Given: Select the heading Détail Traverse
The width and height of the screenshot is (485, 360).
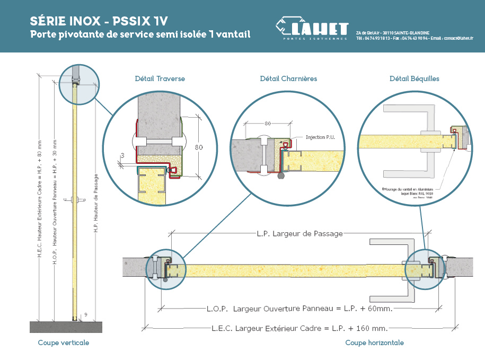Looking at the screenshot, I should point(160,78).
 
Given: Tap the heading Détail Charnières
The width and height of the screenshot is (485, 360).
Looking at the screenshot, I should point(288,78).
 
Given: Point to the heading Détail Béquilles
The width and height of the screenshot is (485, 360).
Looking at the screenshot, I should point(414,78).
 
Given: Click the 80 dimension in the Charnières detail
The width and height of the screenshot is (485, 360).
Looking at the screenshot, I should point(268,124).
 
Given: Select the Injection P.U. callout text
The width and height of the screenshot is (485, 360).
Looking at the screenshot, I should point(320,137).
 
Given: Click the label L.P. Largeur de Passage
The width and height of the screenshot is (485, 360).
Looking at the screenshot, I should point(299,233).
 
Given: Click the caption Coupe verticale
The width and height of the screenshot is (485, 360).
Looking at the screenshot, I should point(64,343).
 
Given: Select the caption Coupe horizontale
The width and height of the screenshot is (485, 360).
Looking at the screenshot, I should point(374,343).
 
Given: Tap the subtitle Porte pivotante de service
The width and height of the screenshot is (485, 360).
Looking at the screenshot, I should point(140,35).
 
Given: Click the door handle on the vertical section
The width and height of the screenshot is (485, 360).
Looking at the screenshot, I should point(79,199).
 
